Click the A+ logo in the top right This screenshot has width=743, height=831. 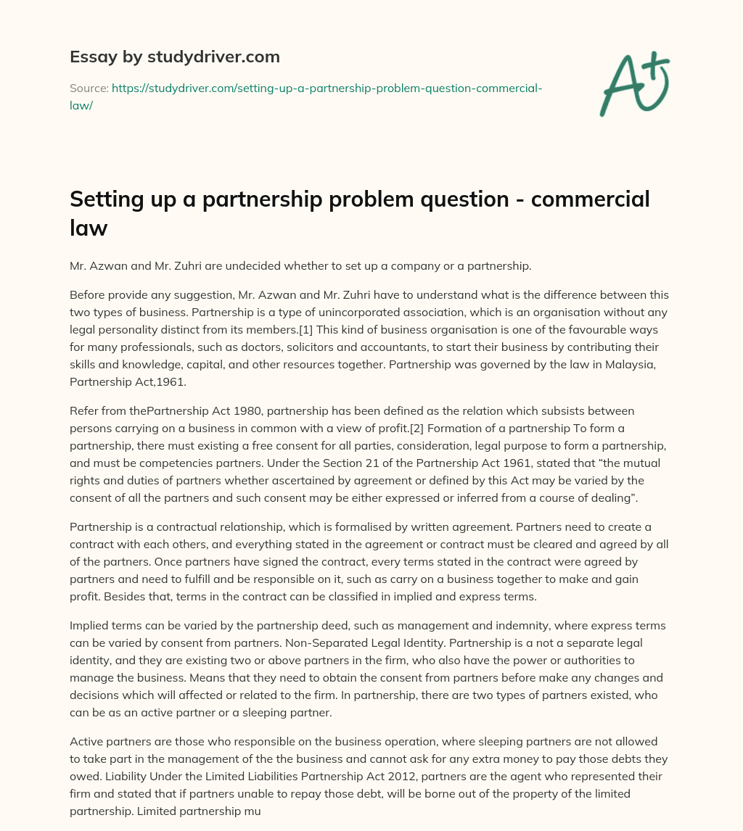(x=634, y=83)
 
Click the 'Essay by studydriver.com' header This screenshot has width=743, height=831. (x=174, y=56)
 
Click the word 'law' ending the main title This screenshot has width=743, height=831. (x=89, y=228)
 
